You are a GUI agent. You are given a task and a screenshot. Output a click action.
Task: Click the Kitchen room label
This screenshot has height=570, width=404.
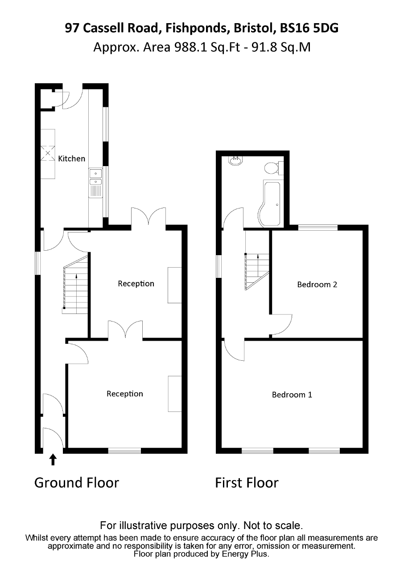(72, 159)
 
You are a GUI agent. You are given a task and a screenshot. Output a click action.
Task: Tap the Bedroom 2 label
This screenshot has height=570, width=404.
(317, 285)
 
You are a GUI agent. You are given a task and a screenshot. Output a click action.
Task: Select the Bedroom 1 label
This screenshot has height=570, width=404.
(292, 395)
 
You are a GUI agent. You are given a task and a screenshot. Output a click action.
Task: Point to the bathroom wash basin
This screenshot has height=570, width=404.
(236, 161)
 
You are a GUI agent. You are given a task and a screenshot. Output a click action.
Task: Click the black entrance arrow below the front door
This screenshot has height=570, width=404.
(53, 460)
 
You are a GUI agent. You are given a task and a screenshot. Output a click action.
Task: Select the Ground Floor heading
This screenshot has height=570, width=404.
(77, 483)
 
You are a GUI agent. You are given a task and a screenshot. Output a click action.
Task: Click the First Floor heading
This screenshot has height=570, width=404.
(247, 483)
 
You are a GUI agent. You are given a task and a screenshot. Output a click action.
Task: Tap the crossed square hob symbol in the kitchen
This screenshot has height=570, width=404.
(48, 153)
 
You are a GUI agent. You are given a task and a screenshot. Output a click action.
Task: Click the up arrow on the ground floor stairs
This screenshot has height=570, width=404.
(76, 293)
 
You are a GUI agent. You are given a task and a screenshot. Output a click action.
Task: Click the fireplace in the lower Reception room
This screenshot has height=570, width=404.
(175, 394)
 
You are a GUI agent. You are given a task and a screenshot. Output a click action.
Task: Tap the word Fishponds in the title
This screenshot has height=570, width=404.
(196, 28)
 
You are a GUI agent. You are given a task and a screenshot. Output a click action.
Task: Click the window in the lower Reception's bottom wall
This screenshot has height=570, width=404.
(124, 451)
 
